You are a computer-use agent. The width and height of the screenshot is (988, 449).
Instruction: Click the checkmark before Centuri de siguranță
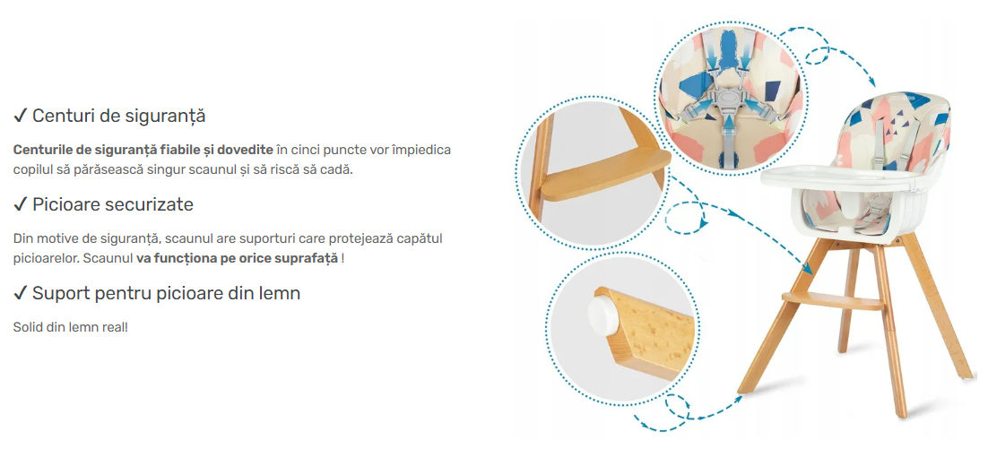(x=20, y=116)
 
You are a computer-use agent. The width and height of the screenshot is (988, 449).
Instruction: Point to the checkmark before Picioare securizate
(x=20, y=204)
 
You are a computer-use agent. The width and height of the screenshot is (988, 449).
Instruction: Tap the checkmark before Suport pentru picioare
(x=20, y=293)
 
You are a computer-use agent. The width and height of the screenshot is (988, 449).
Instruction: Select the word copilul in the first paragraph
(x=30, y=170)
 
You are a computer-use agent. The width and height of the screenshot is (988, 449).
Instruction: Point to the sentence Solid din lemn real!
(x=70, y=328)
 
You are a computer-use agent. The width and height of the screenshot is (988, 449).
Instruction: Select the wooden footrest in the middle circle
(x=603, y=175)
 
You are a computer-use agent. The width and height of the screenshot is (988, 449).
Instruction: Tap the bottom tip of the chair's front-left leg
(x=743, y=392)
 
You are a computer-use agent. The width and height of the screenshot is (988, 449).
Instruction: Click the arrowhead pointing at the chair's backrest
(x=871, y=82)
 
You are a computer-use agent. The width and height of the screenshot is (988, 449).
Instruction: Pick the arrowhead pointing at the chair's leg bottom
(x=741, y=399)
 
